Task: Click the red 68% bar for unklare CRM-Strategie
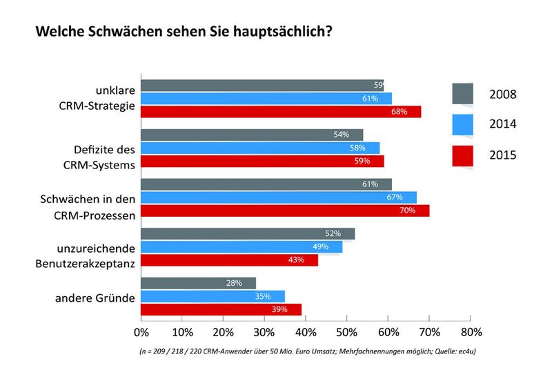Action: coord(280,112)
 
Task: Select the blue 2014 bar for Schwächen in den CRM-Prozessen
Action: coord(279,197)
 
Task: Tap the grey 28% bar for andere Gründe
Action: coord(198,284)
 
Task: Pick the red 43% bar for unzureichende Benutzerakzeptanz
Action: coord(229,260)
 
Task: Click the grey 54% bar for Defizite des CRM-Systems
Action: coord(252,135)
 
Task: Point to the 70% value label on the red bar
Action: coord(407,211)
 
